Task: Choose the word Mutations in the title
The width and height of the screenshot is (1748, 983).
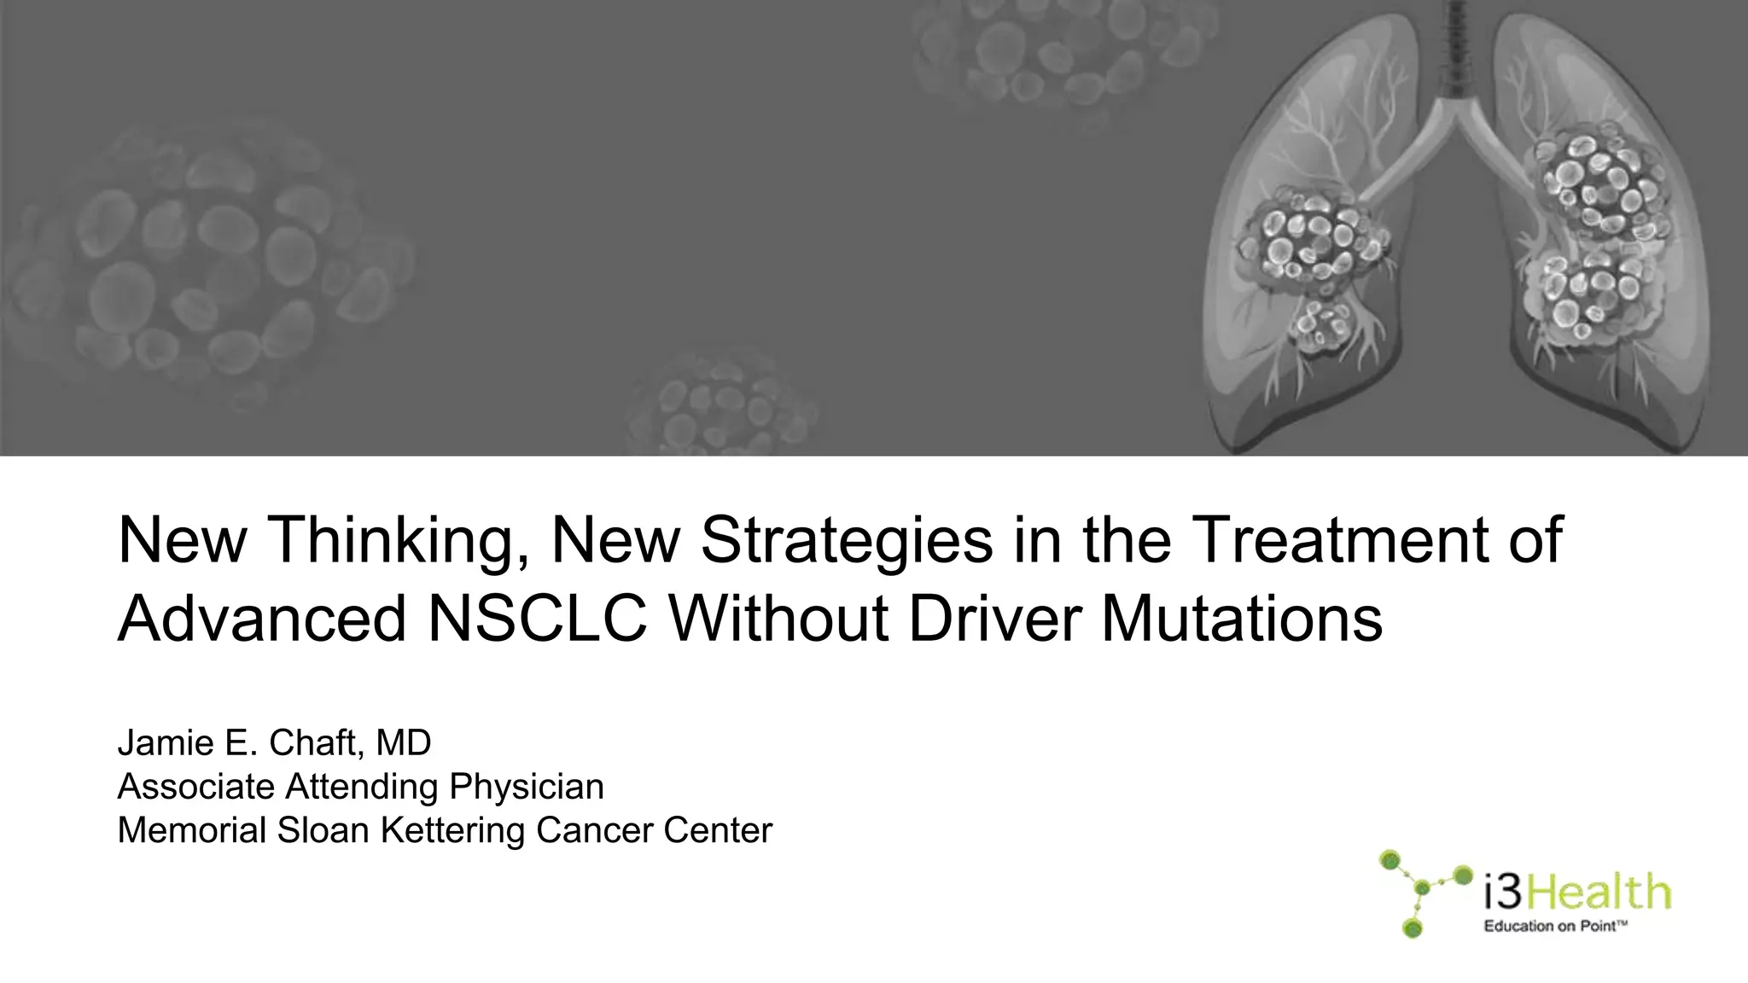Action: point(1242,619)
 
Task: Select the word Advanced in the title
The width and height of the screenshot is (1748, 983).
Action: point(261,619)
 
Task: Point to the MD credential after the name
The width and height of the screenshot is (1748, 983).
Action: point(404,743)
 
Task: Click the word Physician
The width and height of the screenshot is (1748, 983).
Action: point(527,787)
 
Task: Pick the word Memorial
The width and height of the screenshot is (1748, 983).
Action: point(192,830)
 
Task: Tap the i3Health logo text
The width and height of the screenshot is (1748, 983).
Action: point(1577,893)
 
